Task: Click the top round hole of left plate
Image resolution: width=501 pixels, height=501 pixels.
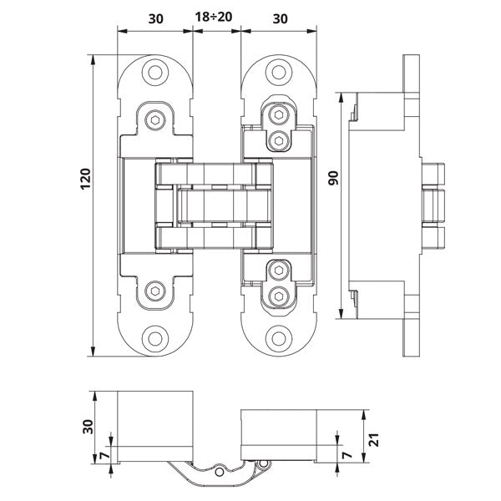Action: coord(155,73)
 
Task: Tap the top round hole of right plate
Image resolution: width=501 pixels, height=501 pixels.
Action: coord(279,73)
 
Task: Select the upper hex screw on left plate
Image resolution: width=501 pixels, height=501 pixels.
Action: coord(155,122)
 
